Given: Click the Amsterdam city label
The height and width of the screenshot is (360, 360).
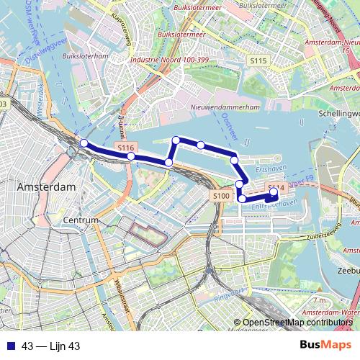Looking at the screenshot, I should tap(45, 186).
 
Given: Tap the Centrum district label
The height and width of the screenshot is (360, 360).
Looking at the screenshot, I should tap(81, 220).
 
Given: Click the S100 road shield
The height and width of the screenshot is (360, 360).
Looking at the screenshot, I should tap(221, 196).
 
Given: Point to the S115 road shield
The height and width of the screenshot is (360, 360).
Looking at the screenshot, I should tap(259, 63).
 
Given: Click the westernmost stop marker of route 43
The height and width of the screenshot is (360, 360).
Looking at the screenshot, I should tap(84, 143).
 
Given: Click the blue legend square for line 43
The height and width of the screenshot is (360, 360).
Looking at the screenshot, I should tap(9, 346).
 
